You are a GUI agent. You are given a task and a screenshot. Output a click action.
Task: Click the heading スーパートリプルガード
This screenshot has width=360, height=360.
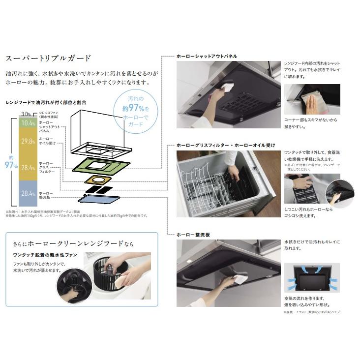(x=48, y=58)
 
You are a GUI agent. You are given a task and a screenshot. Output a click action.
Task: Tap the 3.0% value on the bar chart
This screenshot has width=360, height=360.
(x=26, y=114)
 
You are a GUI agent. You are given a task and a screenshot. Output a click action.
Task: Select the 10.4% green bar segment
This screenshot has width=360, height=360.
(x=28, y=123)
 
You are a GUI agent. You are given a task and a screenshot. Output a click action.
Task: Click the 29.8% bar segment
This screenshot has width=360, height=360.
(x=28, y=142)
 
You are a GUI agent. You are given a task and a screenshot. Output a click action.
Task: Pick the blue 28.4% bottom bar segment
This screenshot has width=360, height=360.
(x=28, y=193)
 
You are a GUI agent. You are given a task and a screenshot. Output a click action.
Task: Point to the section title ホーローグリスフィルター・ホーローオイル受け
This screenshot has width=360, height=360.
(x=226, y=145)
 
